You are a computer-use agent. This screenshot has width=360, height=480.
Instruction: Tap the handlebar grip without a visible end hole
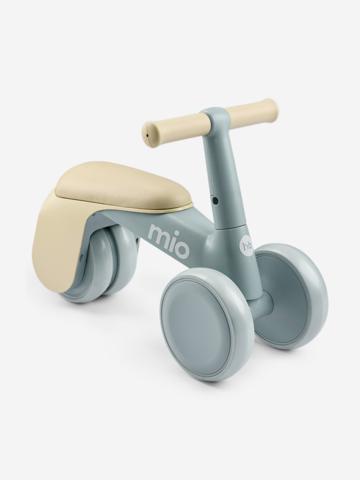[x=253, y=112]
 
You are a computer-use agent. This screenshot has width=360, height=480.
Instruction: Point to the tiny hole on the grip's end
[x=147, y=135]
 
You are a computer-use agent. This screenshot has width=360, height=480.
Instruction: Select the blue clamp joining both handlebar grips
[x=214, y=120]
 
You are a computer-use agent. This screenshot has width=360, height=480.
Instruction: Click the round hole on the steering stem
[x=215, y=200]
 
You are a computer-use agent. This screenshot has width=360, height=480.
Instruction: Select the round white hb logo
[x=247, y=245]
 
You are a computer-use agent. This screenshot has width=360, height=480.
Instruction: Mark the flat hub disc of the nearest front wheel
[x=202, y=324]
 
